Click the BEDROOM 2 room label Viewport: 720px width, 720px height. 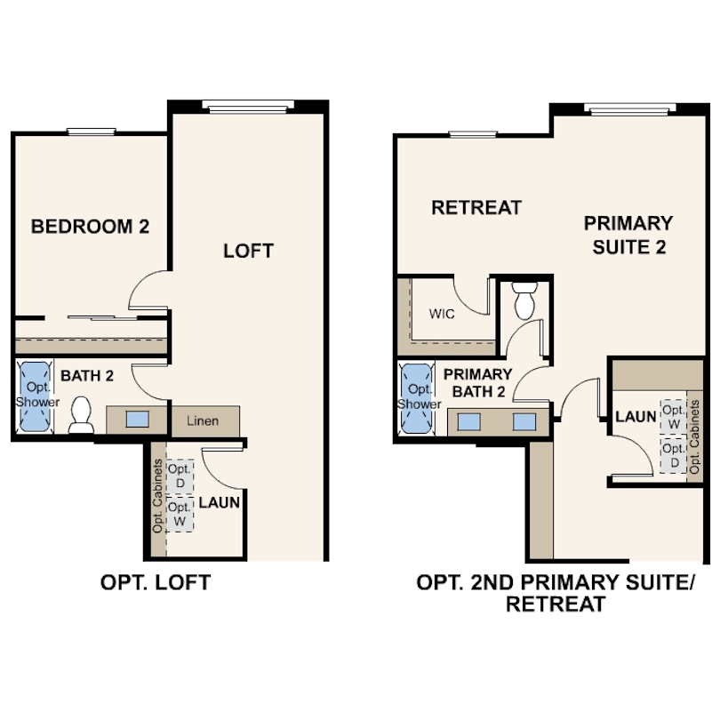90,227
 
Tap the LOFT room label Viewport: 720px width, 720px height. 248,251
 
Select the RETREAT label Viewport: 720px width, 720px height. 476,207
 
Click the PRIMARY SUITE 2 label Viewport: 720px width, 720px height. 628,235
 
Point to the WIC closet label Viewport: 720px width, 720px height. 442,314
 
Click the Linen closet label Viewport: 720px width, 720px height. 203,420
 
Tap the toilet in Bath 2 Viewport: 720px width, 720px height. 81,415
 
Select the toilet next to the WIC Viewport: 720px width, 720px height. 524,300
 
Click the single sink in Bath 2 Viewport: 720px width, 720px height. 137,420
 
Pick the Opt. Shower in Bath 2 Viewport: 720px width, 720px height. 35,396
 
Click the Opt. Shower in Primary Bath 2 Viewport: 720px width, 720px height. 417,398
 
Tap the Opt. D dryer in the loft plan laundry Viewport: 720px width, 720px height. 180,476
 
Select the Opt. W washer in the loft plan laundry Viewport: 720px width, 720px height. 180,515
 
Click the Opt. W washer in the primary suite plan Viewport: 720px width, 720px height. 674,417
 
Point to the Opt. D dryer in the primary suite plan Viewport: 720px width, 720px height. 674,455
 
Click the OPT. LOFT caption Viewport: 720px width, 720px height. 156,582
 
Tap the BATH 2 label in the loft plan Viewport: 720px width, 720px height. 87,376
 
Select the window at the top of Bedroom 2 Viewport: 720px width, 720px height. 92,132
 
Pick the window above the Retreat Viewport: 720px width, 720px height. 473,134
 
